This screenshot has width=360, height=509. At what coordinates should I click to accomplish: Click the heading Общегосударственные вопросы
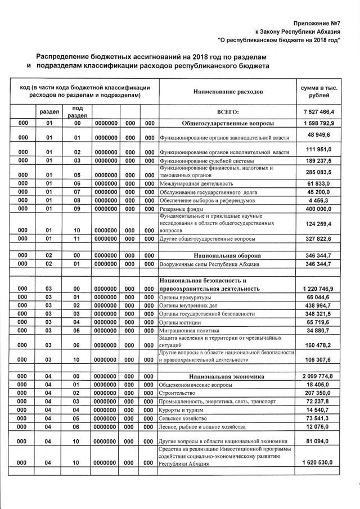(x=228, y=123)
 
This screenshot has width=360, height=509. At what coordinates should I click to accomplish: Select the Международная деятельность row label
(x=196, y=183)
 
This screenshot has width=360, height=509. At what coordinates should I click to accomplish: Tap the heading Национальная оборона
(x=228, y=255)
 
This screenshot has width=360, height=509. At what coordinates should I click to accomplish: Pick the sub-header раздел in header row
(x=49, y=112)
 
